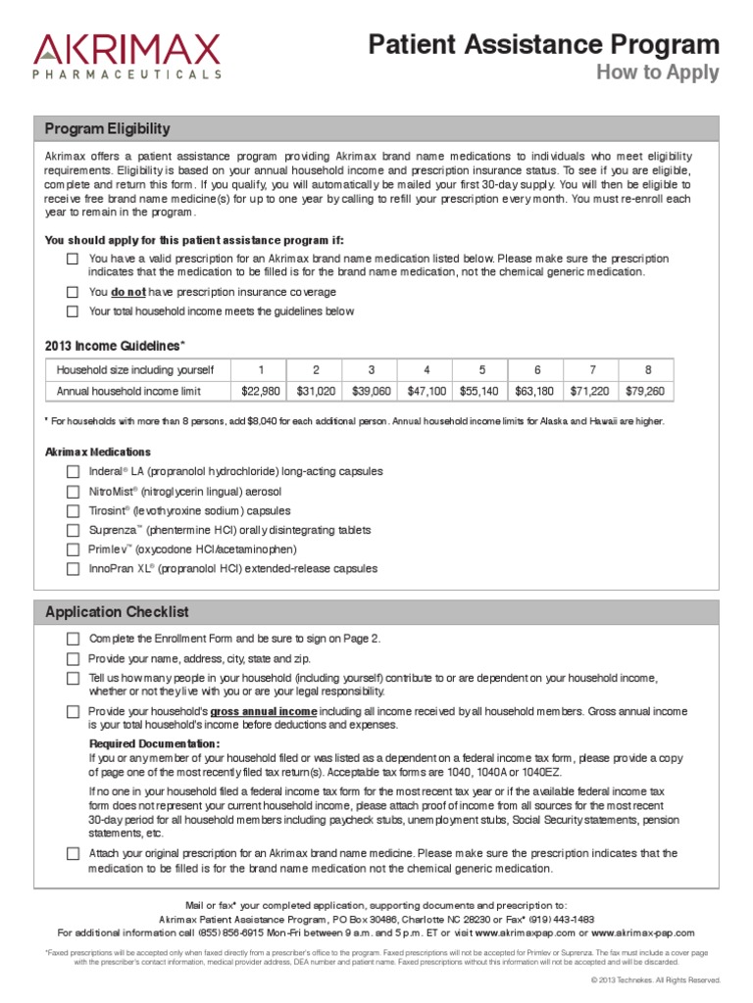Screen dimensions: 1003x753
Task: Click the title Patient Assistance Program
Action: [x=543, y=44]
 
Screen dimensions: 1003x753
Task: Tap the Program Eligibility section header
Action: [x=108, y=128]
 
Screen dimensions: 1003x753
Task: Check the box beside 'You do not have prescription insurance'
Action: [x=73, y=292]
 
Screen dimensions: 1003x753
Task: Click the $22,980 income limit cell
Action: [x=261, y=391]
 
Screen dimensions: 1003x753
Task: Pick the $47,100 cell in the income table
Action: [x=427, y=391]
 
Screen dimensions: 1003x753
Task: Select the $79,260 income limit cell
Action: [x=645, y=391]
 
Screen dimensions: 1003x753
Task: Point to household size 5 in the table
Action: [x=481, y=369]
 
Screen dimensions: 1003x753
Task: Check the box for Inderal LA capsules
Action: [x=73, y=471]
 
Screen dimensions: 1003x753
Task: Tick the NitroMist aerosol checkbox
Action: [x=73, y=491]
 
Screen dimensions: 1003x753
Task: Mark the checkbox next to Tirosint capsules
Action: [x=73, y=510]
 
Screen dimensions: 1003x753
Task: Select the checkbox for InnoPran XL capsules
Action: [x=73, y=568]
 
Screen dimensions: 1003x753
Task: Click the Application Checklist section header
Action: [x=117, y=612]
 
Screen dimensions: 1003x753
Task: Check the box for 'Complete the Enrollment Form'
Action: [x=73, y=639]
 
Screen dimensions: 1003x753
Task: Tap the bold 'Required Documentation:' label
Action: [x=155, y=744]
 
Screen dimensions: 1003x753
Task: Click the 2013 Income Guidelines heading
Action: [x=115, y=346]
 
